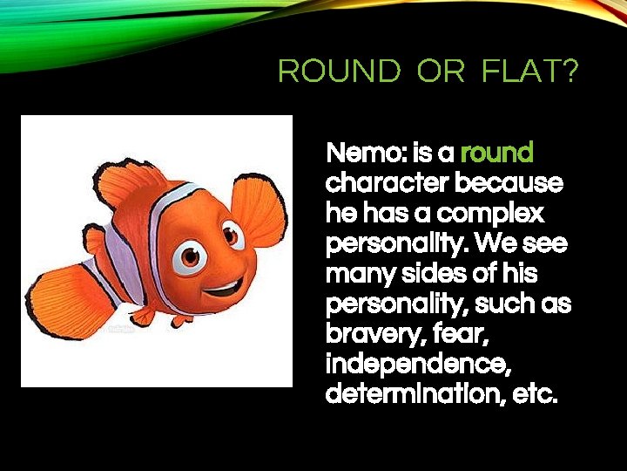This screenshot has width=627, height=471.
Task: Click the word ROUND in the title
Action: pyautogui.click(x=339, y=72)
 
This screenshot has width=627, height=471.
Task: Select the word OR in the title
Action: pyautogui.click(x=441, y=72)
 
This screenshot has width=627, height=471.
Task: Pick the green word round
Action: pyautogui.click(x=496, y=154)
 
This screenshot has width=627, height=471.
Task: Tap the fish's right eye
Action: pyautogui.click(x=233, y=233)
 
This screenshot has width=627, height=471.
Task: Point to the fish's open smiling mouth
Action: pyautogui.click(x=226, y=286)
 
